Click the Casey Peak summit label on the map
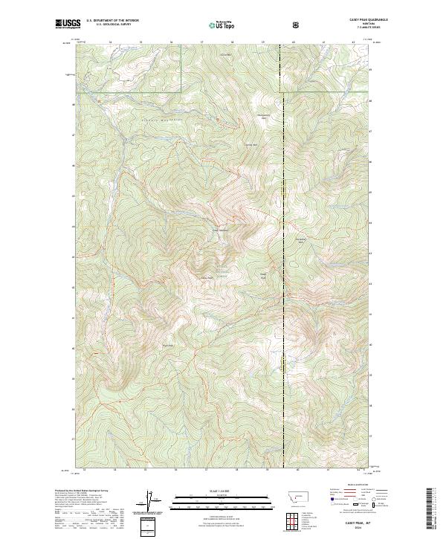[x=207, y=279]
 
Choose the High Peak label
[x=262, y=277]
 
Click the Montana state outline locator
[x=297, y=495]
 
